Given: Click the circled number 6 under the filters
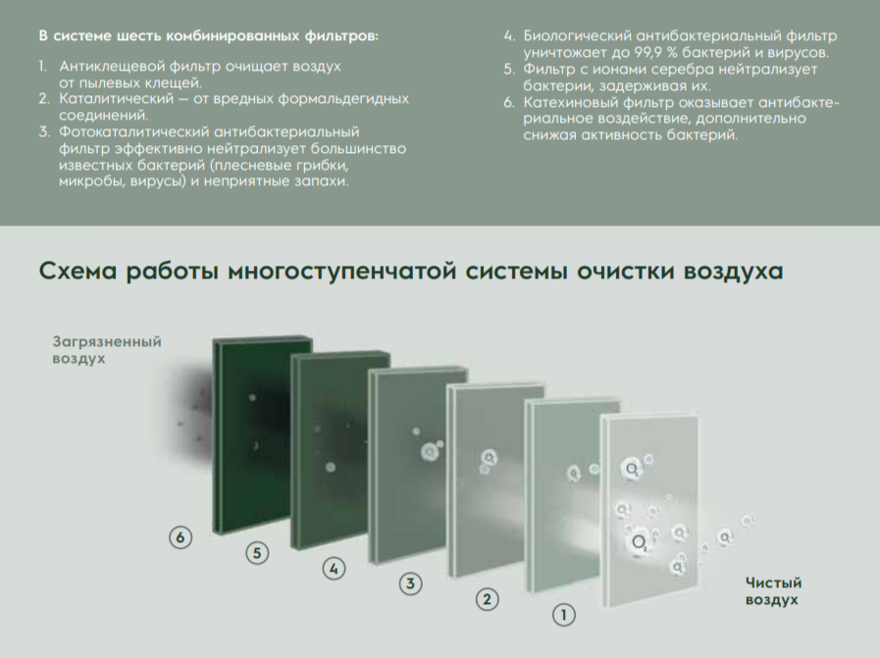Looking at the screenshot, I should (x=179, y=536).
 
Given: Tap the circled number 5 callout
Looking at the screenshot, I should (x=257, y=553).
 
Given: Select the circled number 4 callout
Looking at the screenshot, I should (x=335, y=568).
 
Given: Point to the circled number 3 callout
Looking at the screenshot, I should (x=411, y=583).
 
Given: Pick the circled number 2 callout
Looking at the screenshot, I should (x=487, y=598).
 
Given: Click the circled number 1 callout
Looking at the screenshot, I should (x=563, y=615).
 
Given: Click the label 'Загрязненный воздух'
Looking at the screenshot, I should (x=106, y=350).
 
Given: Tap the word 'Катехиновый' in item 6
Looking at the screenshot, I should (x=569, y=101).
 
